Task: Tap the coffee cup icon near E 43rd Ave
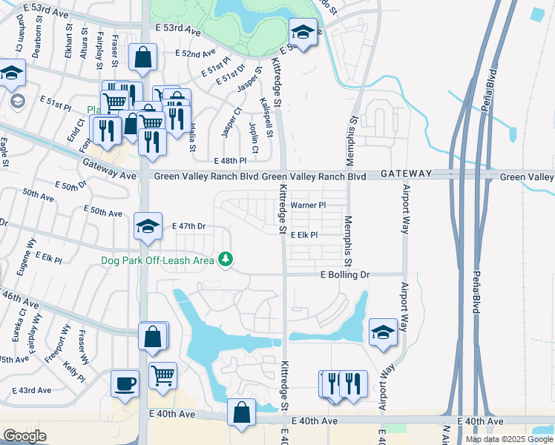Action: [x=125, y=384]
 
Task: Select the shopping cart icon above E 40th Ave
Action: [x=162, y=375]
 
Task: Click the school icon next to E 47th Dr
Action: [x=148, y=226]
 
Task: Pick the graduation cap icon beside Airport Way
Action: [x=383, y=333]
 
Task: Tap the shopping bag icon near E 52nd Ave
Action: [x=142, y=56]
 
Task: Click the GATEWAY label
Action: [x=406, y=173]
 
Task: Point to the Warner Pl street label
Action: [x=308, y=205]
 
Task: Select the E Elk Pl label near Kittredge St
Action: [x=304, y=234]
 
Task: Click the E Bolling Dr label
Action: [x=344, y=274]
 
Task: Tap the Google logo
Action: [x=24, y=436]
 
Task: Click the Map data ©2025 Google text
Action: [x=508, y=439]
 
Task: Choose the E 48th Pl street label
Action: [x=229, y=160]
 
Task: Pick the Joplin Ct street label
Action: [x=254, y=138]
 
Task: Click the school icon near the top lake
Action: [x=302, y=33]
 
